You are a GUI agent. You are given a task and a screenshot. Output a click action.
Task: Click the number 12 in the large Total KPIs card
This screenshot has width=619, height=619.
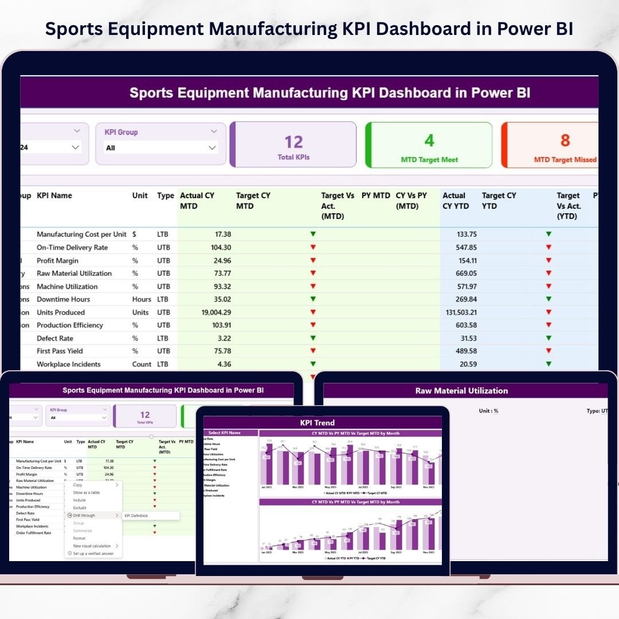coord(293,141)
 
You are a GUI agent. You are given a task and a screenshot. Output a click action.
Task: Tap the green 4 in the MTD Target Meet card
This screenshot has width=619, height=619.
coord(429,140)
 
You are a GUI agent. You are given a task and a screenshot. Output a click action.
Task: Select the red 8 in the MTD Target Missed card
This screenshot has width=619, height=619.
coord(565,140)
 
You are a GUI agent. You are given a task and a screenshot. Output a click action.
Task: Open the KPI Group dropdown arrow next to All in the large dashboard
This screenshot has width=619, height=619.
coord(213,148)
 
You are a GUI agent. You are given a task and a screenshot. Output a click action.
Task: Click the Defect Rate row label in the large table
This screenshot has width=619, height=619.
coord(55,338)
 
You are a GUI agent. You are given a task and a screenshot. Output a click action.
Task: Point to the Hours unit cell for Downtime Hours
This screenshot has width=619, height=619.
coord(142,299)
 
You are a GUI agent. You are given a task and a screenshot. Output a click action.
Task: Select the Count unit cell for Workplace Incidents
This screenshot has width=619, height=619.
coord(142,364)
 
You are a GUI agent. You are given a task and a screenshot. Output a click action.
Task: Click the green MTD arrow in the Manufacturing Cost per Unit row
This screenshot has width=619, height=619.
coord(313,234)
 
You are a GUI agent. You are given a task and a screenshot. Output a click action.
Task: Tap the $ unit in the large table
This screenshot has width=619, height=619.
coord(134,234)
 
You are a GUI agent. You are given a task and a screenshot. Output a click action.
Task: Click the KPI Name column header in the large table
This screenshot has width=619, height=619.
coord(54,195)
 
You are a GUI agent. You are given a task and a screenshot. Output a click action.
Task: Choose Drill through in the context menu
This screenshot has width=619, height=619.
coord(84,515)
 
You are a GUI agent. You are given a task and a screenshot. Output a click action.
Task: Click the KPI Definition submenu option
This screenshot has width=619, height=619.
coord(136,515)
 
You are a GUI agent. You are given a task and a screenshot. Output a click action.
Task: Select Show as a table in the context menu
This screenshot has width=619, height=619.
coord(86,492)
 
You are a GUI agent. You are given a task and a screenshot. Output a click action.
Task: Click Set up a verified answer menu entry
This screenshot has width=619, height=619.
coord(93,554)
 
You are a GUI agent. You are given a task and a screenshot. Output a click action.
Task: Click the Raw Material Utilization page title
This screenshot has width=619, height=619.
coord(461,391)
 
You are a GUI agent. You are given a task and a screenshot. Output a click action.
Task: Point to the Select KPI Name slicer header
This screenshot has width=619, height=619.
coord(224,433)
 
